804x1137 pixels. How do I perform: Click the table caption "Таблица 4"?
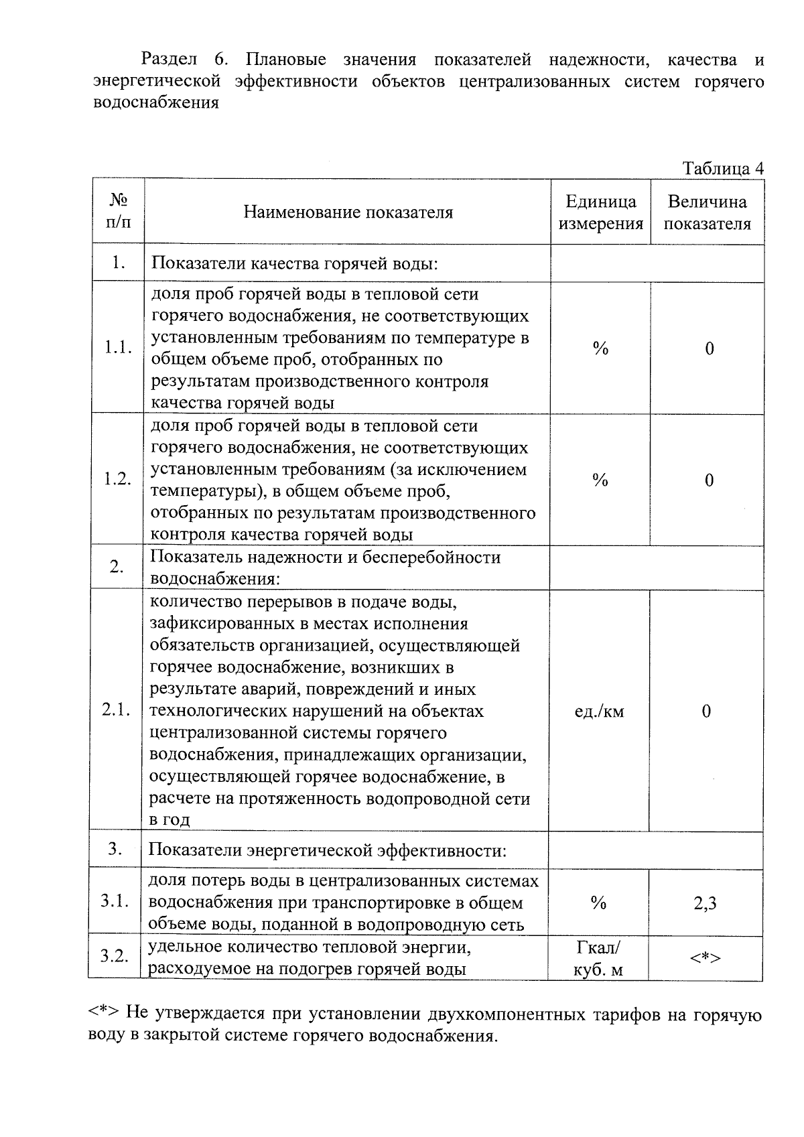click(722, 168)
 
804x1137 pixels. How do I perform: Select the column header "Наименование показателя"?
click(348, 212)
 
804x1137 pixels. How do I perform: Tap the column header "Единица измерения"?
click(600, 212)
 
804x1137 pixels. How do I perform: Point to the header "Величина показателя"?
click(707, 212)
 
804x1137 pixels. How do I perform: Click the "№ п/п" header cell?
click(119, 210)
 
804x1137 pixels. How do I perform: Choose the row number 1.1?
click(118, 348)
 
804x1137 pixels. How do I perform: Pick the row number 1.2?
click(118, 480)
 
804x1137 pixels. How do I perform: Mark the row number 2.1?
click(117, 711)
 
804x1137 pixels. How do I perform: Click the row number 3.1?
click(115, 902)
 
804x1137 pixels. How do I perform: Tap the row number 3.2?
click(115, 956)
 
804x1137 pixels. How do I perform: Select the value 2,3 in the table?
click(706, 903)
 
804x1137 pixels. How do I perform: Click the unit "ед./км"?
click(599, 712)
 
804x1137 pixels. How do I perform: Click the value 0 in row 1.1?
click(709, 348)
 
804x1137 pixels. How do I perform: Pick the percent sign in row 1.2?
click(600, 480)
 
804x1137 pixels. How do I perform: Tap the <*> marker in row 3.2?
click(706, 959)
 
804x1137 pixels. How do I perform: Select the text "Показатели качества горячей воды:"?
click(295, 263)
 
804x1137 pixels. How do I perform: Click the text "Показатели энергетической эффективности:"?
click(327, 850)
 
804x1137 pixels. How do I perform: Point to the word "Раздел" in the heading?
click(170, 60)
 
